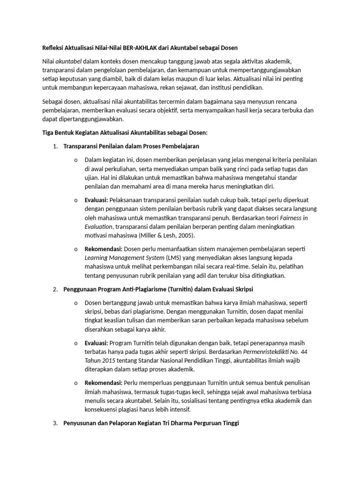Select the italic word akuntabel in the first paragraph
click(x=69, y=61)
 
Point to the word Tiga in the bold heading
click(x=49, y=133)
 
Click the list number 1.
click(x=55, y=146)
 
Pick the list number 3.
click(x=55, y=423)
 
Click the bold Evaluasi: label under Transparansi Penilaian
click(x=97, y=200)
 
